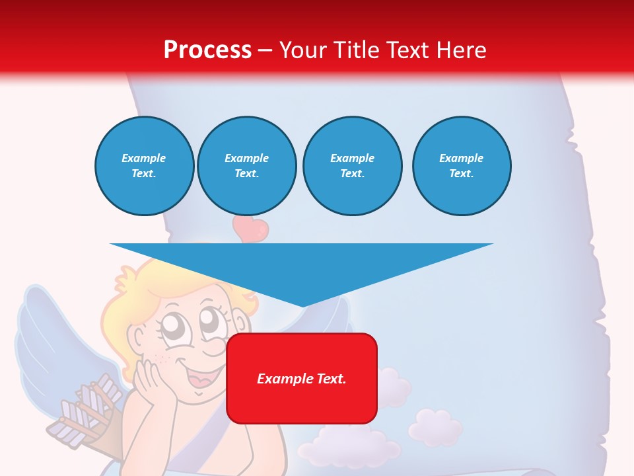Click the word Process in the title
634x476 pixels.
[207, 50]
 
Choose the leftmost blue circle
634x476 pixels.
[144, 166]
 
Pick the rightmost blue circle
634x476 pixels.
[461, 166]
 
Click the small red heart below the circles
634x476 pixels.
[251, 229]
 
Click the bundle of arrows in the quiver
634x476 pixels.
[89, 407]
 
